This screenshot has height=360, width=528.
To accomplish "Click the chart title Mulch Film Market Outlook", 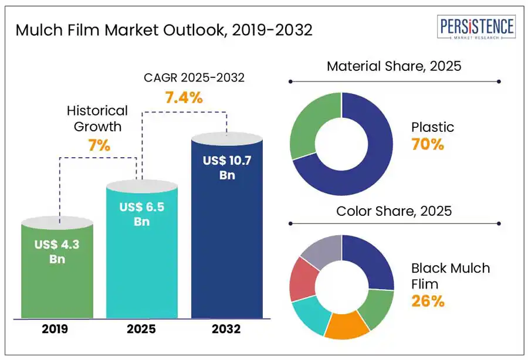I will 164,30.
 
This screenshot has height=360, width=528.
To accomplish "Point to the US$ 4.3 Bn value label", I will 56,251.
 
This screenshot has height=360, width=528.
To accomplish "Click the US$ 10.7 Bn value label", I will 227,168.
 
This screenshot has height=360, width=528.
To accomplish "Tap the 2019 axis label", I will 55,329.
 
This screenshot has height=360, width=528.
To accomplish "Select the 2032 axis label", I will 226,329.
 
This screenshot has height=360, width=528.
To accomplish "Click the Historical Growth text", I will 97,118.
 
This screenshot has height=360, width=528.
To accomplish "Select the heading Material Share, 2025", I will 394,66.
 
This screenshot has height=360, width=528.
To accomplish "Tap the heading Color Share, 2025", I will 394,211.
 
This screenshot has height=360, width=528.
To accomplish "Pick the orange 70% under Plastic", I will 428,144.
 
